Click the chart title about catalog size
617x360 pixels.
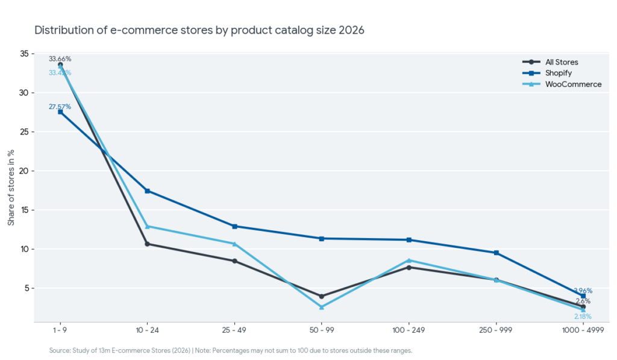[x=199, y=30]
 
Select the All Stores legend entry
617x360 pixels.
[x=562, y=62]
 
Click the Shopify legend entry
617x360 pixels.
[x=559, y=73]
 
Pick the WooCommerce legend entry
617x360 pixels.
[x=573, y=84]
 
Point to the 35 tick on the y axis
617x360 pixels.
[x=25, y=54]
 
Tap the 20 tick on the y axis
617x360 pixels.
[x=25, y=171]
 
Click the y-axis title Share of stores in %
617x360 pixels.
[x=11, y=187]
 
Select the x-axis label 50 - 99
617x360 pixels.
[x=322, y=331]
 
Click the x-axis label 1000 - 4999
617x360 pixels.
[x=583, y=331]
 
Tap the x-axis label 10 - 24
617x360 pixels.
[x=147, y=331]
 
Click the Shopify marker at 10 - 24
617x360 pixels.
[x=147, y=191]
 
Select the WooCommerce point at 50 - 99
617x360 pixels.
[x=322, y=308]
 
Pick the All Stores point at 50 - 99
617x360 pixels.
[x=322, y=296]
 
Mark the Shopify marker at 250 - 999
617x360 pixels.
[x=496, y=253]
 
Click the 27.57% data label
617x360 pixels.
[x=60, y=107]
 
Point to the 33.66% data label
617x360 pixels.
[x=60, y=59]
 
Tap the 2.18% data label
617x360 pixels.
[x=583, y=317]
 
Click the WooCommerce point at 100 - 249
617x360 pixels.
[x=409, y=261]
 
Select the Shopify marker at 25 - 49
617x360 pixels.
[x=234, y=226]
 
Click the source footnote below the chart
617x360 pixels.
[x=230, y=350]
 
